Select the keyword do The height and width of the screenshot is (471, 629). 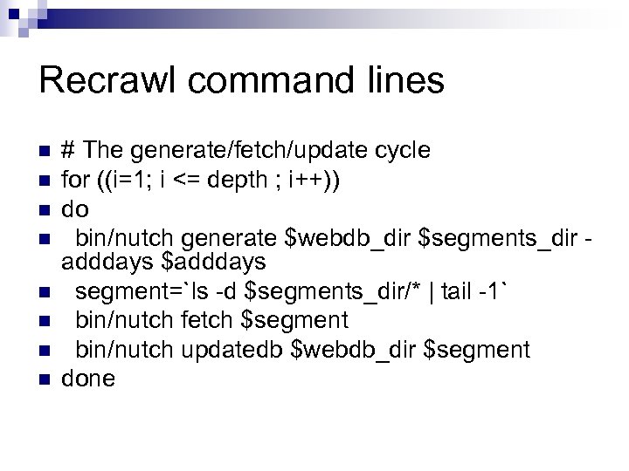74,210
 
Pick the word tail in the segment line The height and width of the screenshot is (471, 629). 460,291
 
